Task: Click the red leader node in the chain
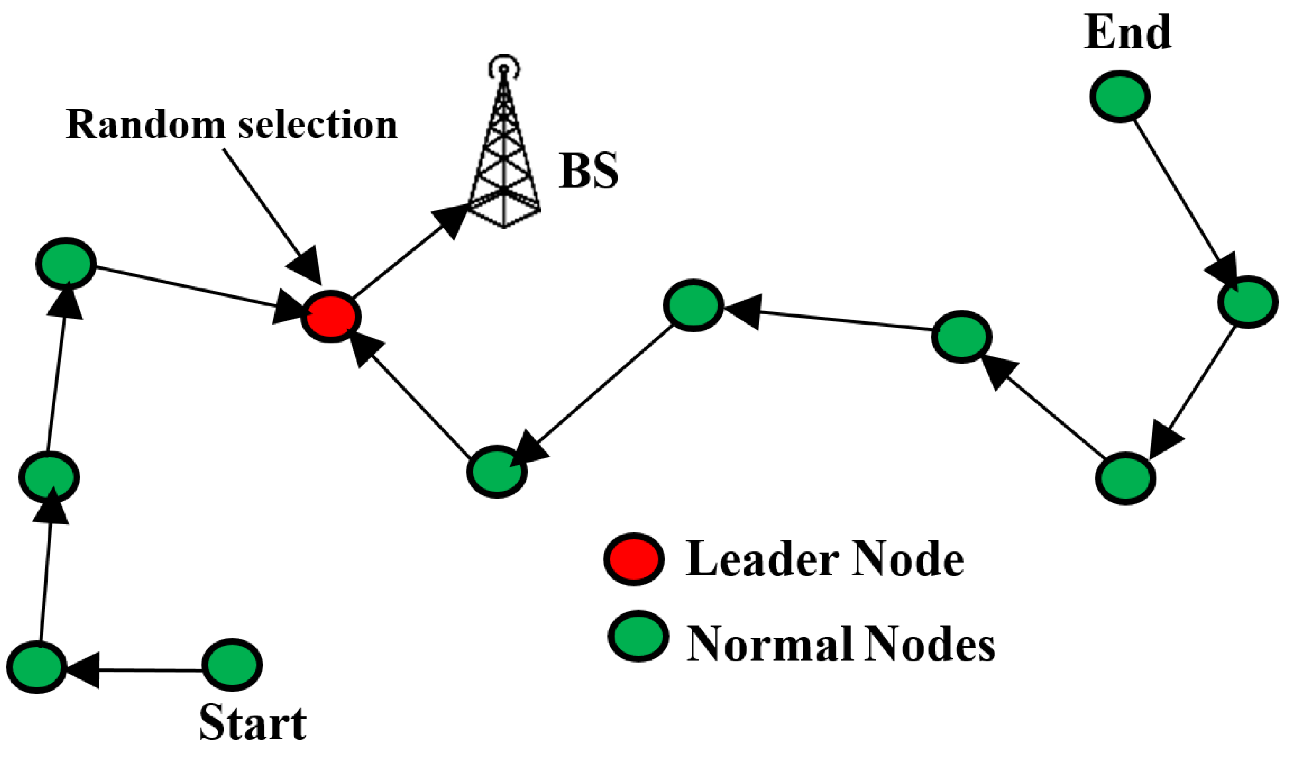[331, 317]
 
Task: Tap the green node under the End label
[1120, 96]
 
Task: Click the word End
[1127, 32]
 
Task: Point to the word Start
[253, 724]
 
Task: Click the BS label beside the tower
[588, 171]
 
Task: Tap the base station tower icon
[505, 154]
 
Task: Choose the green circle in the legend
[638, 636]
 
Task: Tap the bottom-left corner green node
[37, 667]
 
